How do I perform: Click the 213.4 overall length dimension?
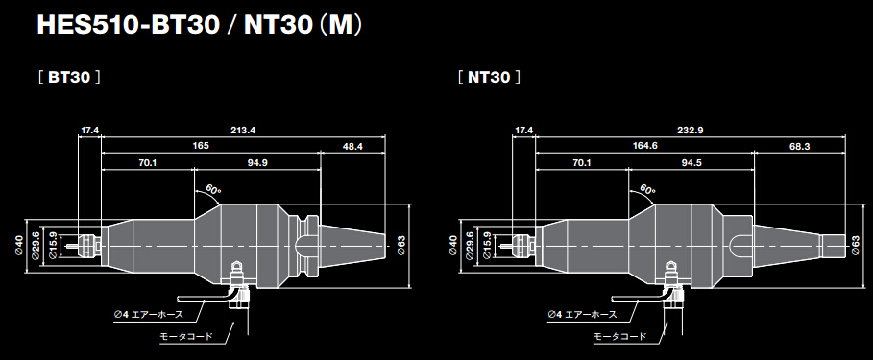coord(243,130)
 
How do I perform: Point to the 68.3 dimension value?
coord(800,147)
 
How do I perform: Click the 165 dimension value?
coord(201,147)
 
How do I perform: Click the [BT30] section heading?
coord(69,75)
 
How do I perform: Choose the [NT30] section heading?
coord(488,75)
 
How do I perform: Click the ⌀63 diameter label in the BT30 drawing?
coord(400,247)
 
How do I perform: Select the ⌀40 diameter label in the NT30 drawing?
coord(453,247)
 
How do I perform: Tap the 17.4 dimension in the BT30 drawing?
coord(90,130)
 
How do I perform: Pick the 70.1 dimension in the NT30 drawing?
coord(581,164)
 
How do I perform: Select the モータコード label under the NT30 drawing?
coord(618,336)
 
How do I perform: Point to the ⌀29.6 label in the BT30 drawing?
coord(36,247)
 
